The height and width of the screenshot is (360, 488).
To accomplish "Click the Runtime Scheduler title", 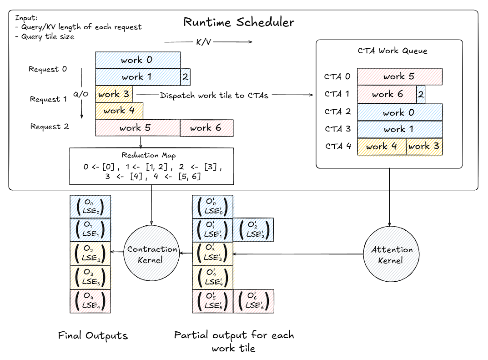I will coord(238,22).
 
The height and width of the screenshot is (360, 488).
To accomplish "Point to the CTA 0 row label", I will coord(337,76).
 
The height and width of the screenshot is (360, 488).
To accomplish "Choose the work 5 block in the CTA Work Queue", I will coord(399,76).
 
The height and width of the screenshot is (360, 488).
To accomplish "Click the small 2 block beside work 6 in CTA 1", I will coord(421,94).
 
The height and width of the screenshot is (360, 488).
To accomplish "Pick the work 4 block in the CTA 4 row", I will coord(381,147).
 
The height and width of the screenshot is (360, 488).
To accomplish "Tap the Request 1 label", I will coord(48,99).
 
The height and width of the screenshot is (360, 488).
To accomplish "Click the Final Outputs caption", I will coord(93,336).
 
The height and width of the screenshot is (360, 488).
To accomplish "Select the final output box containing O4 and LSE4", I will coord(91,301).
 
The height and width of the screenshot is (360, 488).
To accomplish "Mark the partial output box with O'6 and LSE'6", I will coord(253,301).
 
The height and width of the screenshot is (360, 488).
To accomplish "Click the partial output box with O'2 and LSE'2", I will coord(253,230).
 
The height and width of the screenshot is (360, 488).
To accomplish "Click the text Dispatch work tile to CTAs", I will coord(214,95).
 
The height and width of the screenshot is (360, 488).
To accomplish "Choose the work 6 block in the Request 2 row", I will coord(206,128).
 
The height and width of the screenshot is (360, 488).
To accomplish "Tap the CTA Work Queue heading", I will coord(389,51).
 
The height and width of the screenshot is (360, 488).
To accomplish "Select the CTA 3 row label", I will coord(337,129).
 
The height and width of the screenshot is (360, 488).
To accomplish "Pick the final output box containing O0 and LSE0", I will coord(91,206).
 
